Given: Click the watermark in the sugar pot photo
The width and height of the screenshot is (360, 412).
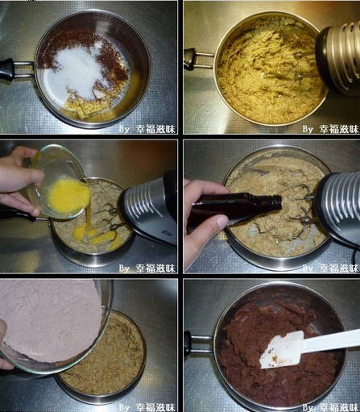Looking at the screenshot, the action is (147, 129).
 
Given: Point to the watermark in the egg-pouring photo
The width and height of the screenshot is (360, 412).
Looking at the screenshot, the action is (147, 268).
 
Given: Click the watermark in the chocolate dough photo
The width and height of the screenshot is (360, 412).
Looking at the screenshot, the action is (331, 407).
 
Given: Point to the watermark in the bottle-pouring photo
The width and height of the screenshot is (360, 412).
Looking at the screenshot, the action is (331, 268).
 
